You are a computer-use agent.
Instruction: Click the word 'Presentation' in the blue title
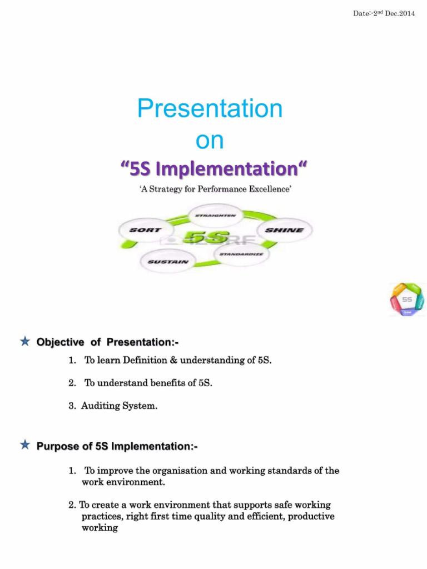(x=210, y=109)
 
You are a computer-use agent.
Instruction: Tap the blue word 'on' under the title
(x=210, y=141)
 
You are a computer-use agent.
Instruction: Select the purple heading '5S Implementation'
(x=213, y=168)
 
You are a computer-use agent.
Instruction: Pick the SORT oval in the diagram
(x=146, y=229)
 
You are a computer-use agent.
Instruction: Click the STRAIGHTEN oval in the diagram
(x=215, y=214)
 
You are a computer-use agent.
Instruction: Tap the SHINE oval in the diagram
(x=284, y=230)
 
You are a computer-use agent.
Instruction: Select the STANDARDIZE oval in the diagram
(x=241, y=254)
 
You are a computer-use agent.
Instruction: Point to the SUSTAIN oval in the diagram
(x=168, y=261)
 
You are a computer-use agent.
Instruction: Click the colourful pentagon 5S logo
(x=407, y=300)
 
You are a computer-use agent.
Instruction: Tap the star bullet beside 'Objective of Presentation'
(x=25, y=342)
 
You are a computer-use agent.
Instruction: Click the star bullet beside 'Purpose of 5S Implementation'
(x=25, y=445)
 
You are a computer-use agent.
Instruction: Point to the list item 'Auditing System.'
(x=119, y=406)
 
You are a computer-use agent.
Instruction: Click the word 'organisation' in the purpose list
(x=181, y=471)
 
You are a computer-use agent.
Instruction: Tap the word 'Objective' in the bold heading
(x=61, y=342)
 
